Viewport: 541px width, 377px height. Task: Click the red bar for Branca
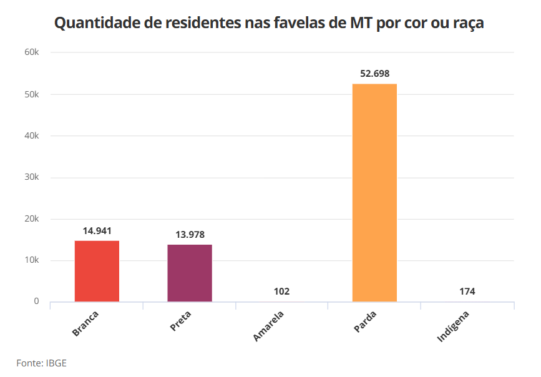pyautogui.click(x=97, y=271)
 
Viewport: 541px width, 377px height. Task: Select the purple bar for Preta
pyautogui.click(x=190, y=273)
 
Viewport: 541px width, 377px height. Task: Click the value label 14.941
pyautogui.click(x=97, y=230)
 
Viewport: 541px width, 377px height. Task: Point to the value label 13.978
pyautogui.click(x=190, y=235)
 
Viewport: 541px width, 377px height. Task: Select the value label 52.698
pyautogui.click(x=374, y=74)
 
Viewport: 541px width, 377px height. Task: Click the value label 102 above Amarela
pyautogui.click(x=281, y=291)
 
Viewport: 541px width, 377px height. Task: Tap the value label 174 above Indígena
pyautogui.click(x=467, y=291)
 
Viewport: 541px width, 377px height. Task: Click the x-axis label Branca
pyautogui.click(x=85, y=323)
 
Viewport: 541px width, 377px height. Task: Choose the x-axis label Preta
pyautogui.click(x=180, y=320)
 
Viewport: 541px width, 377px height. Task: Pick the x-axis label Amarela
pyautogui.click(x=269, y=325)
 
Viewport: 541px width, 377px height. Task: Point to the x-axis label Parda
pyautogui.click(x=365, y=321)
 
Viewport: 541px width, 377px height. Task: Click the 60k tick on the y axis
pyautogui.click(x=32, y=52)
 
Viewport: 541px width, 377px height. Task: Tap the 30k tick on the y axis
pyautogui.click(x=32, y=177)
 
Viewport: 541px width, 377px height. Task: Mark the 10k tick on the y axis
pyautogui.click(x=32, y=260)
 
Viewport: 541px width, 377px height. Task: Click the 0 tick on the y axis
pyautogui.click(x=36, y=301)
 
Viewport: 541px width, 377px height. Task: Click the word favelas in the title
pyautogui.click(x=294, y=24)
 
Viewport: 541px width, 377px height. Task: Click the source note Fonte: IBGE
pyautogui.click(x=41, y=363)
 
